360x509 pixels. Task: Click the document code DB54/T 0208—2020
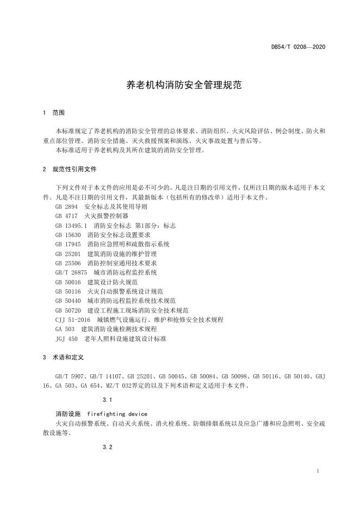(298, 47)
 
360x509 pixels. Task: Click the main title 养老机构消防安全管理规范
(180, 85)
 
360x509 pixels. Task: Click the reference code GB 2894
(67, 207)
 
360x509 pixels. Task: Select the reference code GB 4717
(67, 216)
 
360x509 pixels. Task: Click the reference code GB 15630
(68, 234)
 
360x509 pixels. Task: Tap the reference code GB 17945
(68, 244)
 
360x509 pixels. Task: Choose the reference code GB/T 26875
(71, 272)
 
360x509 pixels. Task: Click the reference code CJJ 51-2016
(73, 319)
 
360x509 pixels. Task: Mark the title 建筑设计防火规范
(113, 282)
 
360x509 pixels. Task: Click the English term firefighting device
(117, 413)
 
